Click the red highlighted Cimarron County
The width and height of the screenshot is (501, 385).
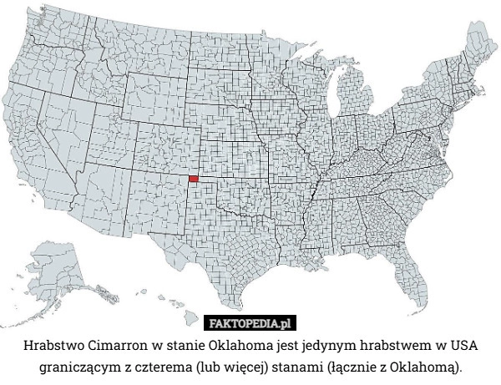[194, 178]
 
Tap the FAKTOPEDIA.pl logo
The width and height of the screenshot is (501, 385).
[251, 323]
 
